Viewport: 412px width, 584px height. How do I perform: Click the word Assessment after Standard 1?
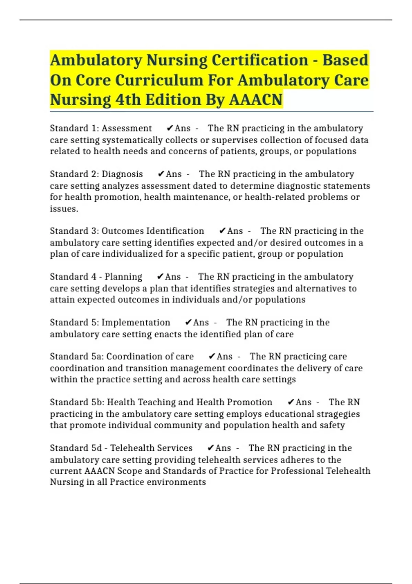(x=126, y=128)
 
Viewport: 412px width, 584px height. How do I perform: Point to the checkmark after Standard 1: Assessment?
(x=170, y=128)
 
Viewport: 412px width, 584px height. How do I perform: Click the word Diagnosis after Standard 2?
(x=122, y=174)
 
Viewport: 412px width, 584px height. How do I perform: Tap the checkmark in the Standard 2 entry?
(x=161, y=174)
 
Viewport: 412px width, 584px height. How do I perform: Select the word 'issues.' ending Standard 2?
(x=64, y=209)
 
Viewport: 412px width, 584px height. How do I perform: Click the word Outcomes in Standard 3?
(x=122, y=231)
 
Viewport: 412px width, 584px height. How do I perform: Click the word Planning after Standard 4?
(x=123, y=277)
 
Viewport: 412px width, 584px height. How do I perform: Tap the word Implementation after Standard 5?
(x=136, y=323)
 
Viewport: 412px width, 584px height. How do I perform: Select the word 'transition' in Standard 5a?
(x=146, y=368)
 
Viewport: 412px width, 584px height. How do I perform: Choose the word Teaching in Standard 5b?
(x=157, y=402)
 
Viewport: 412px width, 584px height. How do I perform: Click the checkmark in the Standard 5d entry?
(x=210, y=448)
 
